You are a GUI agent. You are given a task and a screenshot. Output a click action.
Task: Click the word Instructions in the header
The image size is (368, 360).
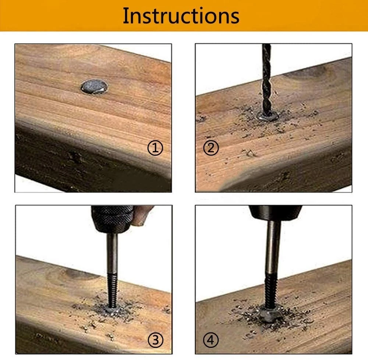[x=181, y=16]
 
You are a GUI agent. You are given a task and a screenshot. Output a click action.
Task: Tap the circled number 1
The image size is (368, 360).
[x=155, y=148]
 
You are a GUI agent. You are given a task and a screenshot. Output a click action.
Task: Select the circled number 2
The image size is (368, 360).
[x=211, y=148]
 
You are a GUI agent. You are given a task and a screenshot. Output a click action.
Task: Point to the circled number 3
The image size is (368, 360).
[x=155, y=340]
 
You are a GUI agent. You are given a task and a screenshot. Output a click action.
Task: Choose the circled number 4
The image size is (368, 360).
[x=211, y=340]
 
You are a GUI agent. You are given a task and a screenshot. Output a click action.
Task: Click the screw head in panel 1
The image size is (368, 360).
[x=94, y=87]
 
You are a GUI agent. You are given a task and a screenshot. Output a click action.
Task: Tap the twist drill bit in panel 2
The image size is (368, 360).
[x=266, y=80]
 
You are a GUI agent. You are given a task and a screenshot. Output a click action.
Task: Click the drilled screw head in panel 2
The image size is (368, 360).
[x=268, y=116]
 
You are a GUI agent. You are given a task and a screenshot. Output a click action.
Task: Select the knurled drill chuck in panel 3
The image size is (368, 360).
[x=112, y=219]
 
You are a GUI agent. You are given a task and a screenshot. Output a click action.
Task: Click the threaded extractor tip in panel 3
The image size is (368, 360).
[x=112, y=291]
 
